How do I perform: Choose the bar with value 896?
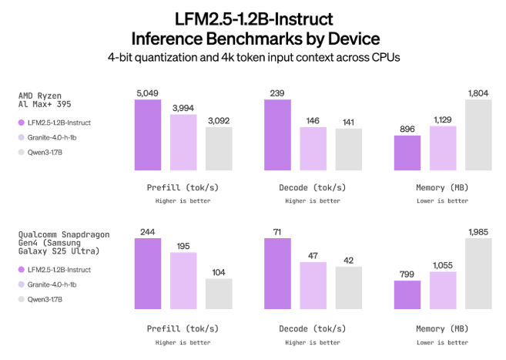pyautogui.click(x=407, y=153)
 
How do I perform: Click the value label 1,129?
pyautogui.click(x=443, y=119)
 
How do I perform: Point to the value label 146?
pyautogui.click(x=313, y=121)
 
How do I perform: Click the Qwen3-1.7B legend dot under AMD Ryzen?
pyautogui.click(x=21, y=153)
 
